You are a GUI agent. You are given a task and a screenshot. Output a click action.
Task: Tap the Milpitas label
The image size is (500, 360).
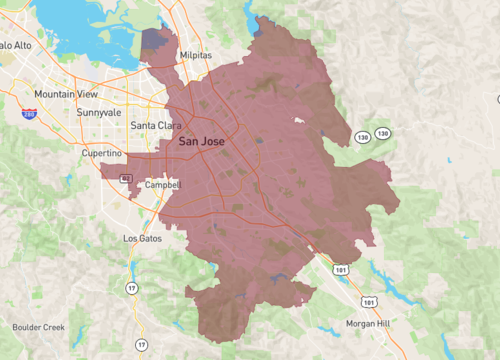(x=197, y=56)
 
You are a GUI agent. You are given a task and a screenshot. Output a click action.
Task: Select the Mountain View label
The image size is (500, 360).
(x=65, y=94)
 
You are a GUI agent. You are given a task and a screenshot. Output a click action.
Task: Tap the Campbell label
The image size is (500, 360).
(x=162, y=185)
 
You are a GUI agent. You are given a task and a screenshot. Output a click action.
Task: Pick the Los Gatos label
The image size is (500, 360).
(x=142, y=239)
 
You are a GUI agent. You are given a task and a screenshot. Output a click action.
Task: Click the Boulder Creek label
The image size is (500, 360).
(x=39, y=327)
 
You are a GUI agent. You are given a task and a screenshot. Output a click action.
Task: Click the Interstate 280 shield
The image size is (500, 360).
(x=29, y=115)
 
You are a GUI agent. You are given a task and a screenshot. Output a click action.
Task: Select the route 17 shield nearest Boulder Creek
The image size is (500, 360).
(x=141, y=345)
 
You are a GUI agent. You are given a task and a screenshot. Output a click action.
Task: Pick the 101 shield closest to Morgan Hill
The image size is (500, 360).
(x=371, y=300)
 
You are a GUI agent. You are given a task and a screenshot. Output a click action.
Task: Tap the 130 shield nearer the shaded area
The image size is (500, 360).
(x=360, y=135)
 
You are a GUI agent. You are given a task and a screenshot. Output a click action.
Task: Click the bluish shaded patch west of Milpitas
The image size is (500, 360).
(x=153, y=41)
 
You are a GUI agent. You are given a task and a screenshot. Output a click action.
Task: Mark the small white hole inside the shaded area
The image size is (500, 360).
(x=297, y=120)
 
